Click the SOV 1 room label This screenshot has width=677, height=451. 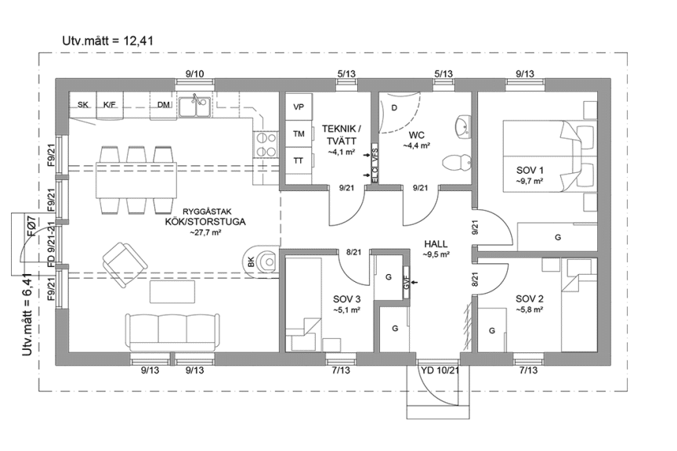point(530,171)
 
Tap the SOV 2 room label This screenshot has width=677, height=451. point(530,298)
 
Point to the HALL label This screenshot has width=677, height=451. point(436,244)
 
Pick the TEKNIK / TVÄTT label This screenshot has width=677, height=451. point(342,134)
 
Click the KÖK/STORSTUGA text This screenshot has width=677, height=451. point(205,222)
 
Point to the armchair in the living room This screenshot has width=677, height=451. point(125,258)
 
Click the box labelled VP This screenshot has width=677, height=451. point(299,106)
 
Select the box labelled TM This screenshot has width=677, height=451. point(299,134)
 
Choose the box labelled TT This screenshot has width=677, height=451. point(299,161)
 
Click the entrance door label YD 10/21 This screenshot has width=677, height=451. point(439,371)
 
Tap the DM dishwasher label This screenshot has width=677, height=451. point(164,104)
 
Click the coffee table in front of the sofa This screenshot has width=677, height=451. point(173,292)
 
